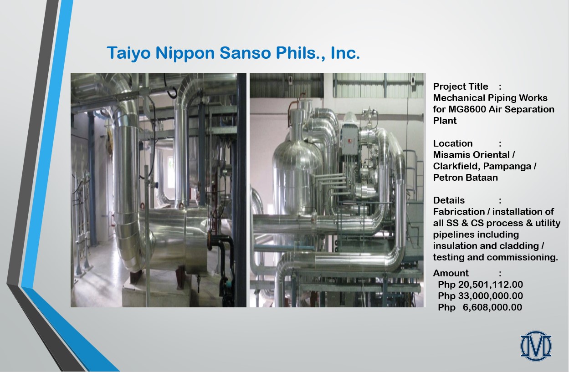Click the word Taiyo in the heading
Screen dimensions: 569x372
click(128, 53)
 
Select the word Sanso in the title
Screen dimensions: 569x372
click(245, 53)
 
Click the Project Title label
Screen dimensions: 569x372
click(460, 87)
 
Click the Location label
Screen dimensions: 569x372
click(453, 143)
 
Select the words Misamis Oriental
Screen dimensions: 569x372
click(471, 155)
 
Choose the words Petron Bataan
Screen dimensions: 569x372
click(466, 178)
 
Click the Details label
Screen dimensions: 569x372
click(449, 200)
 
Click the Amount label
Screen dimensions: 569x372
click(451, 273)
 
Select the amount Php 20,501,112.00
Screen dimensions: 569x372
click(480, 285)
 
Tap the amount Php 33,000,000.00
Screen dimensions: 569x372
click(480, 296)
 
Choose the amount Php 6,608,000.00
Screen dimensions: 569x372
click(480, 307)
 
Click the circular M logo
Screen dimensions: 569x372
click(536, 346)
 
